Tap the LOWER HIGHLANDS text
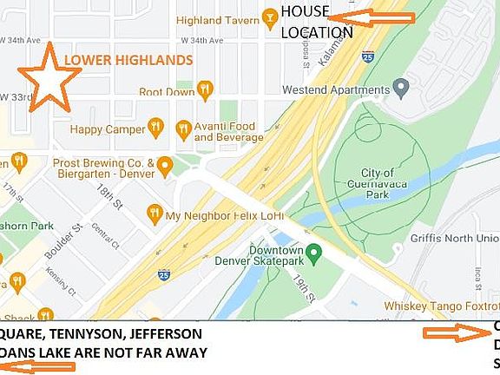(128, 60)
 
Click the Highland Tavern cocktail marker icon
(271, 17)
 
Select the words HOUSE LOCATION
(316, 22)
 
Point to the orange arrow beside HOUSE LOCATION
(372, 16)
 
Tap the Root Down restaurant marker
(205, 89)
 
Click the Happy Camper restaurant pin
(156, 128)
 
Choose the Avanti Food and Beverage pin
(183, 130)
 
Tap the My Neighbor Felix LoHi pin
(155, 212)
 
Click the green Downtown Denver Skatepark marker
(315, 252)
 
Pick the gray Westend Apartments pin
(400, 89)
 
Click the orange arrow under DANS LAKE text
(38, 366)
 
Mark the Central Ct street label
(106, 234)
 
